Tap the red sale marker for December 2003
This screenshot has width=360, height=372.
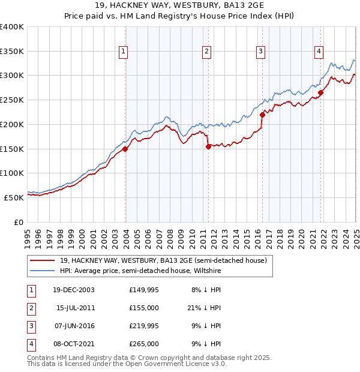[x=125, y=149]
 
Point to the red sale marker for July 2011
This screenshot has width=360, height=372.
[x=208, y=146]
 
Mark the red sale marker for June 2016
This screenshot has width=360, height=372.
[x=262, y=115]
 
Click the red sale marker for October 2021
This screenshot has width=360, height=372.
[x=321, y=92]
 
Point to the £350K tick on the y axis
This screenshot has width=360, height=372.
[x=13, y=52]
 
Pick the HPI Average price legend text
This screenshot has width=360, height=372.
[x=140, y=271]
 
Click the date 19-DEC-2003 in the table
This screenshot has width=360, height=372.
[x=74, y=290]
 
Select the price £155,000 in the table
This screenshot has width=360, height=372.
[x=143, y=308]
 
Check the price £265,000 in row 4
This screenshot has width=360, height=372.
[x=143, y=344]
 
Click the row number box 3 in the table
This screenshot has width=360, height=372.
[x=31, y=326]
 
